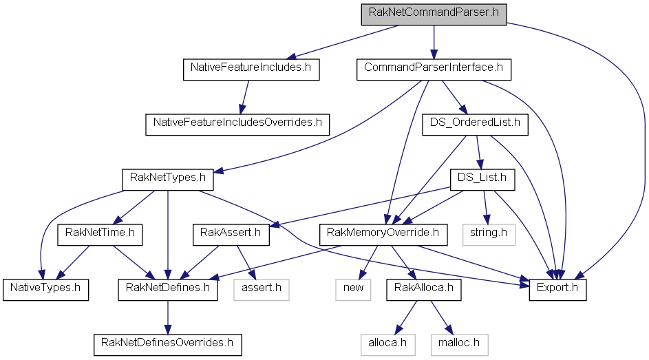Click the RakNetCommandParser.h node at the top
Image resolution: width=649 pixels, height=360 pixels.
tap(434, 15)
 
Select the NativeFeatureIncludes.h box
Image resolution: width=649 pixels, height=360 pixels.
tap(251, 70)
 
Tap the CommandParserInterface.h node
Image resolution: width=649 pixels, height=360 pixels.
tap(434, 70)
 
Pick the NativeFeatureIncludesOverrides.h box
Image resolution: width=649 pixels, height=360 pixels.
tap(237, 125)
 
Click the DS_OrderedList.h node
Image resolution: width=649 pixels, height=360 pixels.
tap(475, 125)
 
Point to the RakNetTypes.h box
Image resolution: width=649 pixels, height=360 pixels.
tap(168, 180)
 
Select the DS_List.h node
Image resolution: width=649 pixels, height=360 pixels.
tap(482, 180)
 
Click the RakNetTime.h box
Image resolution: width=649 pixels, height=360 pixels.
tap(100, 235)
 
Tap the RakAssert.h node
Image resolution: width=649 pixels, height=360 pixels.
tap(231, 235)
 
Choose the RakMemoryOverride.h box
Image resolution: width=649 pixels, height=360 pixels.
tap(383, 235)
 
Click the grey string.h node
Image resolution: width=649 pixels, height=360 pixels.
tap(489, 235)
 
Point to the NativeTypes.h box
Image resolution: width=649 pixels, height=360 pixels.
tap(45, 290)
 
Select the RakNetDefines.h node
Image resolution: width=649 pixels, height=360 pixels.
tap(168, 290)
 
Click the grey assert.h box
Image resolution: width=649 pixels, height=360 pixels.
tap(261, 290)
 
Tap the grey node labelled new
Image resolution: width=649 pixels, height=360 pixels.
tap(353, 290)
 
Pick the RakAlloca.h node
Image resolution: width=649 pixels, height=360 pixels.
tap(424, 290)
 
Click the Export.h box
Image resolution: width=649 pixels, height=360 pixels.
tap(557, 290)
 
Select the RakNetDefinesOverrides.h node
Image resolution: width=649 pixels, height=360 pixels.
tap(168, 345)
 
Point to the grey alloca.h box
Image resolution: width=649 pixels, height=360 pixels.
tap(388, 345)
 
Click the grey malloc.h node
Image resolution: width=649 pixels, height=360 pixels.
tap(460, 345)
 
